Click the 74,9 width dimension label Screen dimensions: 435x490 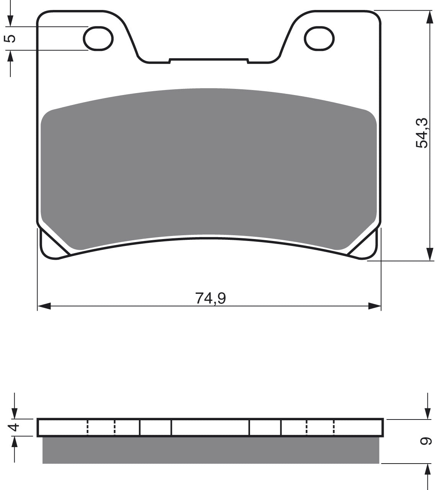210,298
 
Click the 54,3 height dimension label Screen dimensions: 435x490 422,133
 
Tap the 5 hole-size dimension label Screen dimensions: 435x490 10,38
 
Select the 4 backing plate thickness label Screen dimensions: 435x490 15,427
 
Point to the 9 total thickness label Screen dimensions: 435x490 426,441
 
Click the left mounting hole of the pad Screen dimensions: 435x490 98,38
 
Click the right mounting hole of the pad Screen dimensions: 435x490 319,38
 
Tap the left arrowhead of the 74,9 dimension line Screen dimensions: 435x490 44,306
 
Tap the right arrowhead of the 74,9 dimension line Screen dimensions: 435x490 374,306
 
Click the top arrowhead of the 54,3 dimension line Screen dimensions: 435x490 429,17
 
